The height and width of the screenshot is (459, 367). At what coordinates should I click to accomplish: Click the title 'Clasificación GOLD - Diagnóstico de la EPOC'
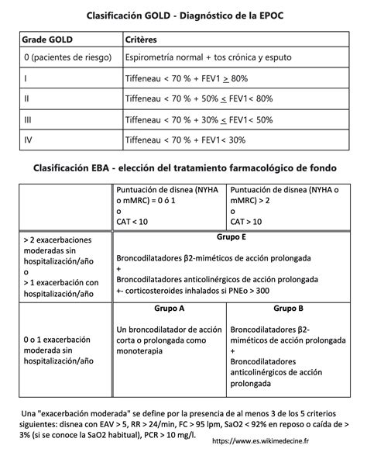pyautogui.click(x=184, y=15)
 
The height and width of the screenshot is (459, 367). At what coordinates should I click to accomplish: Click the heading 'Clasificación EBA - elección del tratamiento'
pyautogui.click(x=184, y=167)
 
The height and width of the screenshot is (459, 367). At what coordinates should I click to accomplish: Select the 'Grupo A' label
pyautogui.click(x=169, y=308)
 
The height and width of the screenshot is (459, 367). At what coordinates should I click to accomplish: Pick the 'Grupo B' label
pyautogui.click(x=288, y=308)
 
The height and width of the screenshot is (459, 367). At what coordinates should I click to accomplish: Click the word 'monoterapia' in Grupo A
pyautogui.click(x=139, y=350)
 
